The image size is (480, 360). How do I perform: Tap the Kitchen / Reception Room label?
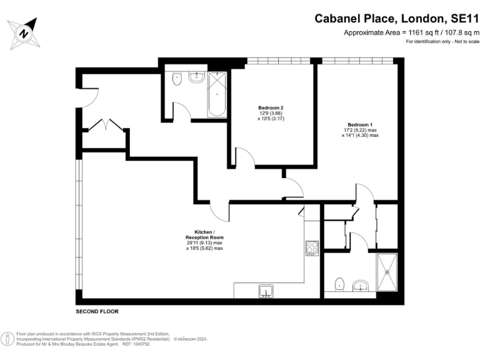click(204, 235)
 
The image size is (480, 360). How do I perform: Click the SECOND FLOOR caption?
click(97, 311)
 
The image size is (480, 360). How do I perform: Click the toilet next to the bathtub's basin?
click(177, 80)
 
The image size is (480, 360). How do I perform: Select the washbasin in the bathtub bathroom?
click(196, 77)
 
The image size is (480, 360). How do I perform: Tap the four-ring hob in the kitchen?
click(311, 249)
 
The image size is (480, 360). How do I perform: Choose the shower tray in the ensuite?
click(386, 272)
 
